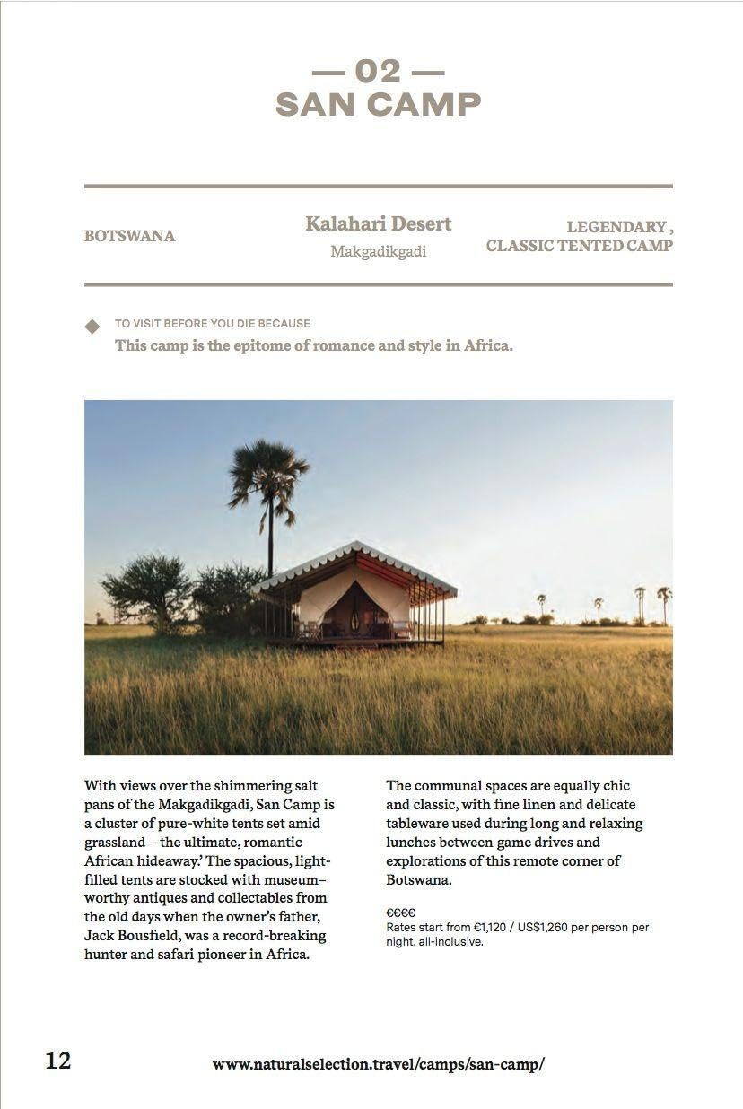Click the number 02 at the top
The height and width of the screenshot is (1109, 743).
point(378,70)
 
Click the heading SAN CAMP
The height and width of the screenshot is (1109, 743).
point(378,105)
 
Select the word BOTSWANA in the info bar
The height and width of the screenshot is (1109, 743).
point(129,237)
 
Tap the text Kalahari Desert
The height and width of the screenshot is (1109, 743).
point(378,223)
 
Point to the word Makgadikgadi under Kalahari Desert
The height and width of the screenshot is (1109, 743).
point(378,252)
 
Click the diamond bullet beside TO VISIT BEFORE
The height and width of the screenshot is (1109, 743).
point(92,327)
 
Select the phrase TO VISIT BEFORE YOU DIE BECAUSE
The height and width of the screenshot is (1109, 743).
point(212,324)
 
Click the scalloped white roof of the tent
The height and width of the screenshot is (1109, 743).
point(354,563)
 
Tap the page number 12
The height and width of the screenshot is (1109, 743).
point(58,1061)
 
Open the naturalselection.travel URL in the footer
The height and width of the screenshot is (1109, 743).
point(378,1065)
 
